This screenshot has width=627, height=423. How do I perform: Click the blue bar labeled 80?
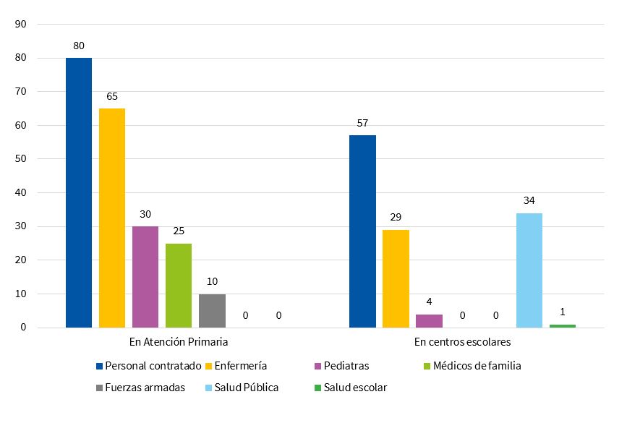[x=79, y=192]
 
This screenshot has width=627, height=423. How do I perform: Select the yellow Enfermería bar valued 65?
[x=112, y=218]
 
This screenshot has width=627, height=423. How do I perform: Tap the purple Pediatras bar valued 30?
[x=145, y=277]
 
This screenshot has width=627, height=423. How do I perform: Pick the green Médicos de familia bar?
[x=179, y=286]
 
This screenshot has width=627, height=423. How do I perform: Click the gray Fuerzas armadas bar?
[x=212, y=311]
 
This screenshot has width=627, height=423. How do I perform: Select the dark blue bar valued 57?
[x=362, y=231]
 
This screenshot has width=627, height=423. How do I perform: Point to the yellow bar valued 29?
[x=396, y=278]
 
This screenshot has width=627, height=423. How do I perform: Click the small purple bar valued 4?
[x=429, y=321]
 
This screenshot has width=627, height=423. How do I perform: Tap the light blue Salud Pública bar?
[x=529, y=270]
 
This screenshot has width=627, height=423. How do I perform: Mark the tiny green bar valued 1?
[x=563, y=326]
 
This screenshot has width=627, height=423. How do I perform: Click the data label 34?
[x=529, y=200]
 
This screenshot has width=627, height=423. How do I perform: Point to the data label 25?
[x=179, y=231]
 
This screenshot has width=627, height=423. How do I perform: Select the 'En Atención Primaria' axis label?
[x=179, y=341]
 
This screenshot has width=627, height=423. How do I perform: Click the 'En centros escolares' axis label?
[x=463, y=341]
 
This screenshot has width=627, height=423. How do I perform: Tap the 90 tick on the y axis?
[x=20, y=24]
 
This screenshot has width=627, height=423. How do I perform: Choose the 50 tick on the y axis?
[x=20, y=159]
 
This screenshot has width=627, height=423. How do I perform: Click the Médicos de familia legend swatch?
[x=427, y=366]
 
